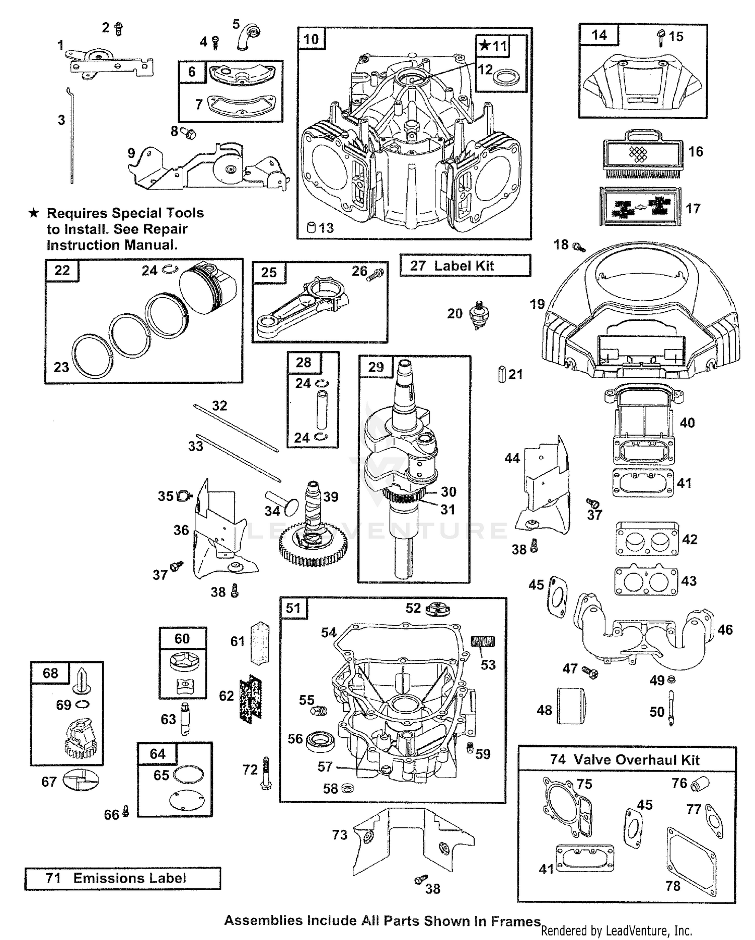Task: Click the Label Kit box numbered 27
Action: (x=465, y=266)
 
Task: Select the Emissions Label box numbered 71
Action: (x=122, y=878)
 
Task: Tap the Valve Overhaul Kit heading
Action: (x=626, y=759)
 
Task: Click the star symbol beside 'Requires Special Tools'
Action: (x=34, y=213)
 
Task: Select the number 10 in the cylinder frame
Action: (x=311, y=39)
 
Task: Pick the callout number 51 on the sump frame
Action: (x=293, y=608)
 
